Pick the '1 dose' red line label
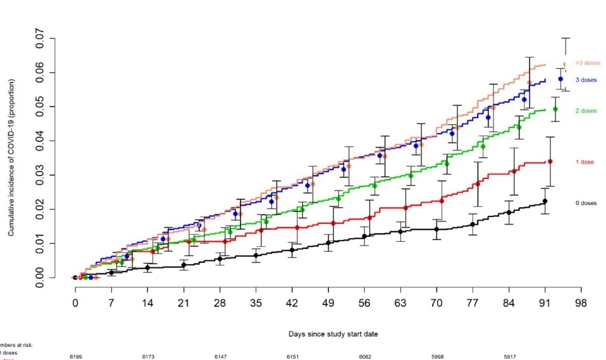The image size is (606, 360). (x=583, y=162)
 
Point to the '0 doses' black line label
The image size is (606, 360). (x=585, y=203)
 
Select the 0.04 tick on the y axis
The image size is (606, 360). (x=40, y=141)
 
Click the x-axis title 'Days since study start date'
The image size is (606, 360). (x=333, y=334)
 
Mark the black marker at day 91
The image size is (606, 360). (x=545, y=201)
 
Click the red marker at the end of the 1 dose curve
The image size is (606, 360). (x=550, y=162)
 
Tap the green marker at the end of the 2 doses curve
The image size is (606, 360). (x=555, y=109)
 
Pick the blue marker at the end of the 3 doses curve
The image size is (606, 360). (x=560, y=79)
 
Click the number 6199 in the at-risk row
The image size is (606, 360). (x=75, y=358)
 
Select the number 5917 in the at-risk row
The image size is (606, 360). (x=510, y=358)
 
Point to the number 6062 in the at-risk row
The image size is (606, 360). (x=365, y=358)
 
